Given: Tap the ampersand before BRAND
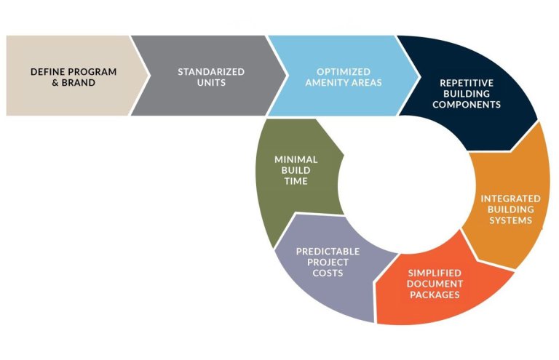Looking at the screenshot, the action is point(55,83).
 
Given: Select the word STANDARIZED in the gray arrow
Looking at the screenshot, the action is point(211,71).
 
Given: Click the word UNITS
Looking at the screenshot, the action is point(211,83).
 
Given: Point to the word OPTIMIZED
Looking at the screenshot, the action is point(344,71).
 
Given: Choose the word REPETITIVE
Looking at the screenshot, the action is point(467,83).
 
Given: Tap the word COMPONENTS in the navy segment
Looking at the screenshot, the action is point(467,104).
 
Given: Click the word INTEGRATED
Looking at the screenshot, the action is point(510,199).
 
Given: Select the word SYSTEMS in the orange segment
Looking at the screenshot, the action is point(510,220).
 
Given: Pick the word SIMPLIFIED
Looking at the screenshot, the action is point(435,273).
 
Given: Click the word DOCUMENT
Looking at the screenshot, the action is point(435,284).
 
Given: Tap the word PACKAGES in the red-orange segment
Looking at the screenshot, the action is point(435,295).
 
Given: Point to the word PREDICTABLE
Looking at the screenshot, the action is point(328,252).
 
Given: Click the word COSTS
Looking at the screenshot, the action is point(328,273).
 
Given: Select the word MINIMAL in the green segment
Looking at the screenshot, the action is point(296,159).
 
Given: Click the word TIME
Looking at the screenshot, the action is point(296,181).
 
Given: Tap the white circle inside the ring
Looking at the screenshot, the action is point(406,185).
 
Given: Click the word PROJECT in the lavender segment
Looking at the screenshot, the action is point(328,262).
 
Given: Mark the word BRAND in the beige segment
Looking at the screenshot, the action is point(79,83).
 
